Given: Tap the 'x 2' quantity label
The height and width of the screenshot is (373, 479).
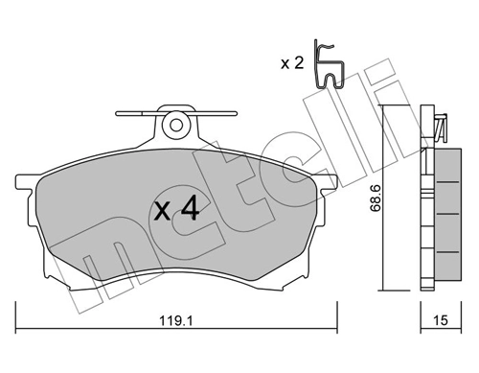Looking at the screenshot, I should (x=291, y=65).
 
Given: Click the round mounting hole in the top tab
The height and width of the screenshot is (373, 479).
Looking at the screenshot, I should (x=174, y=124).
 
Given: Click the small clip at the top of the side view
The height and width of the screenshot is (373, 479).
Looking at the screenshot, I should (x=441, y=126).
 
